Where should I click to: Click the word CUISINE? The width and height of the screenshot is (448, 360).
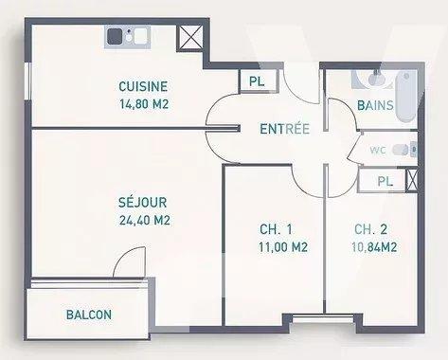tap(144, 86)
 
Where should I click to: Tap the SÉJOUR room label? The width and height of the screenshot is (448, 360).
tap(143, 203)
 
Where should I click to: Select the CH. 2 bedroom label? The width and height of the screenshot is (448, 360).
tap(367, 229)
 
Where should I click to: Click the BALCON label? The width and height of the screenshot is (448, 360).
tap(90, 315)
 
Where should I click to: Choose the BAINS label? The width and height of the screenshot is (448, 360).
tap(376, 105)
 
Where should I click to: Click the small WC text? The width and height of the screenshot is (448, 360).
tap(378, 149)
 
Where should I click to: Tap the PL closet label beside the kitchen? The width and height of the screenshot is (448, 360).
tap(256, 81)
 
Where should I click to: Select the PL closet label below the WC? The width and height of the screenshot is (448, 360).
tap(385, 181)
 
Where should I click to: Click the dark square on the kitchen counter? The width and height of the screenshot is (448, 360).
tap(116, 37)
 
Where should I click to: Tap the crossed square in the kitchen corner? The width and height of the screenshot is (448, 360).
tap(189, 38)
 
